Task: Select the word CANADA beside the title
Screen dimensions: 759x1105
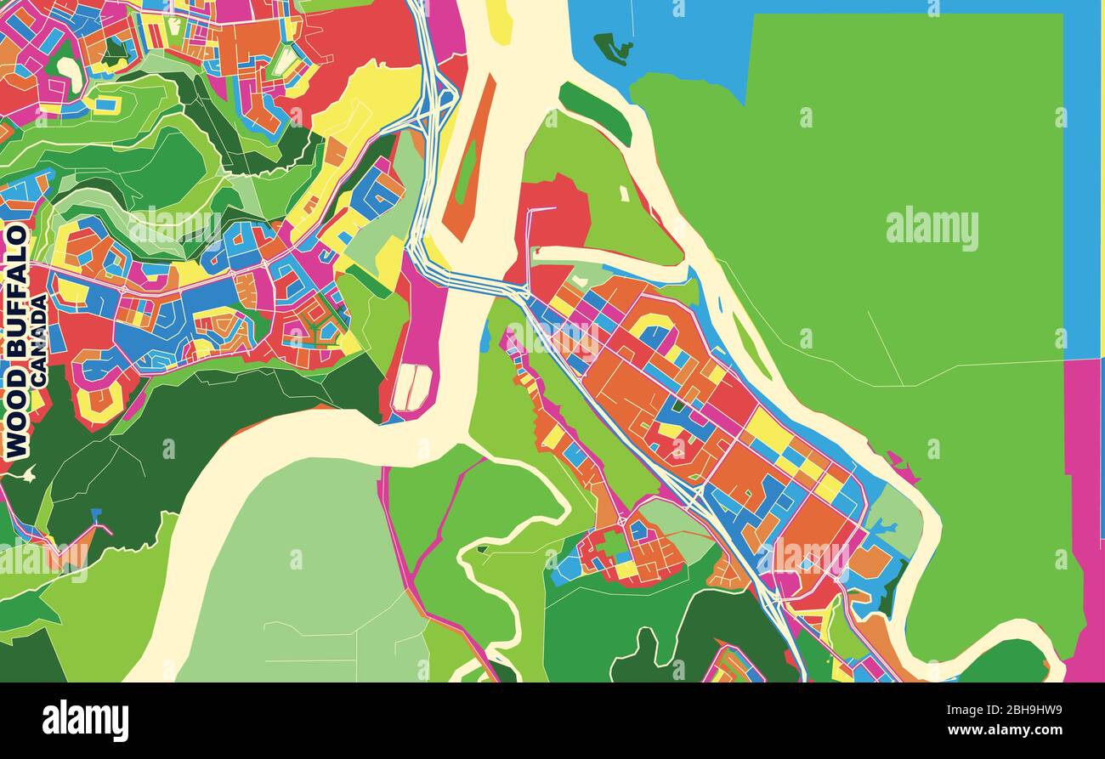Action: [x=39, y=340]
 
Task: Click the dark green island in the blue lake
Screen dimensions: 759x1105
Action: [x=612, y=48]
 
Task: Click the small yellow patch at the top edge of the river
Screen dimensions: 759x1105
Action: [x=500, y=21]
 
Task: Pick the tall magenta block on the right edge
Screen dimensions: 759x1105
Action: [x=1085, y=510]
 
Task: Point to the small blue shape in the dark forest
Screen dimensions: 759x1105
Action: [x=95, y=516]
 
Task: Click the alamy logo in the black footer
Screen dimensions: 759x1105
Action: [x=85, y=720]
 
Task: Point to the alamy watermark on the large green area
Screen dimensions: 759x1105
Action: [x=932, y=229]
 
